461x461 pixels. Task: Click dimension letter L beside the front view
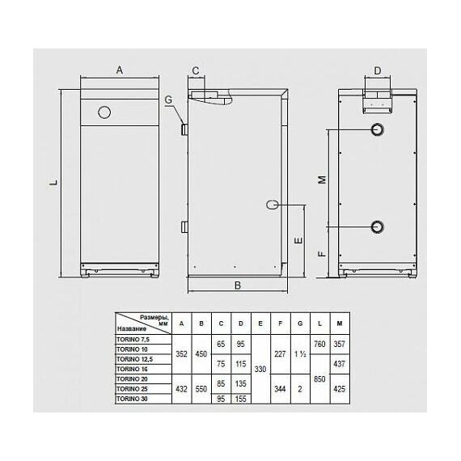pos(53,184)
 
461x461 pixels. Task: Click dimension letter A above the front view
pos(119,71)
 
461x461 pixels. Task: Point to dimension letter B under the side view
pos(238,285)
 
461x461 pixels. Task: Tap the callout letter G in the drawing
pos(168,100)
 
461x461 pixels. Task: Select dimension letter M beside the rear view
pos(321,179)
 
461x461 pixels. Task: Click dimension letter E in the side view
pos(298,241)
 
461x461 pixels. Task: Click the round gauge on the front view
pos(104,112)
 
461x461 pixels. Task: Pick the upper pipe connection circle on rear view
pos(378,130)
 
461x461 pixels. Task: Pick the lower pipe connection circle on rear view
pos(378,226)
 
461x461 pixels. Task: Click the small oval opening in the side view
pos(272,205)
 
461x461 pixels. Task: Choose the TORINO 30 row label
pos(132,398)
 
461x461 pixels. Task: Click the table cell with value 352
pos(180,353)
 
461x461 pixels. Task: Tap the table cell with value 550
pos(201,388)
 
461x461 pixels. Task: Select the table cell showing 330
pos(260,370)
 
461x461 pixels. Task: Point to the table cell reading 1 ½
pos(300,353)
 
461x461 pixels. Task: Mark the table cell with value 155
pos(240,398)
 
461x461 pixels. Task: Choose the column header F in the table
pos(280,324)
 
